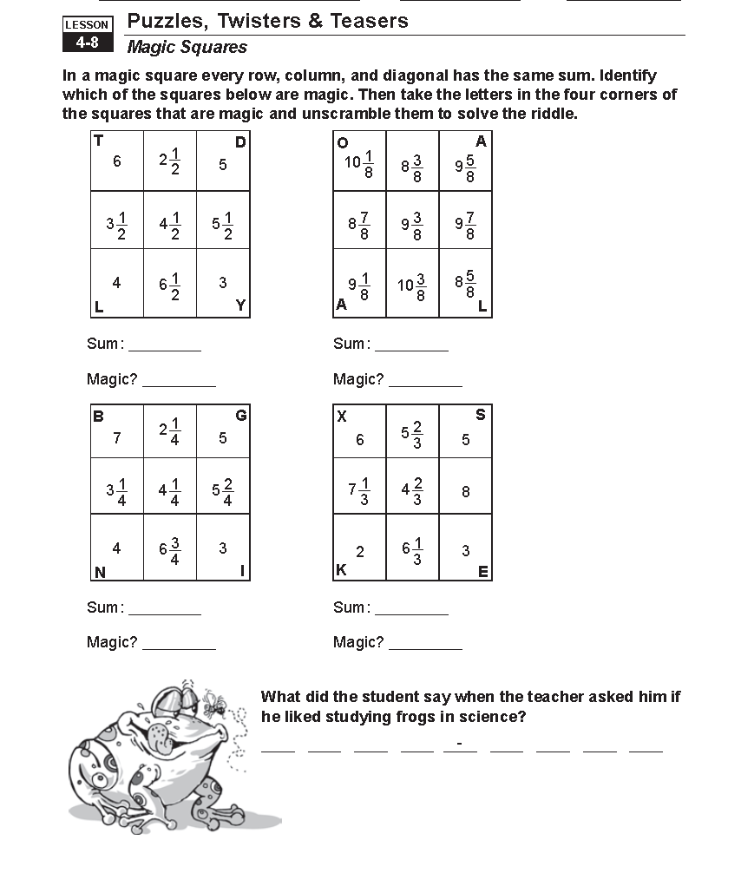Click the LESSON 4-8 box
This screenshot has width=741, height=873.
pyautogui.click(x=87, y=34)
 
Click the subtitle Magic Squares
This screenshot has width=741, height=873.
pyautogui.click(x=187, y=48)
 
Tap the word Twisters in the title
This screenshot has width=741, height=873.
pyautogui.click(x=258, y=21)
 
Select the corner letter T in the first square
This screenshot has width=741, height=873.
pyautogui.click(x=98, y=141)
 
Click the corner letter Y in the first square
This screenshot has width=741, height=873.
pyautogui.click(x=241, y=305)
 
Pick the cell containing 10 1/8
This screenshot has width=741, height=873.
pyautogui.click(x=359, y=162)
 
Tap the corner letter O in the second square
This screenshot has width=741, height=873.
pyautogui.click(x=342, y=142)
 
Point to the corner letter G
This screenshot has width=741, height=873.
pyautogui.click(x=241, y=416)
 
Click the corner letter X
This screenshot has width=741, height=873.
pyautogui.click(x=342, y=417)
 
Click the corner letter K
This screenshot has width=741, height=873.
pyautogui.click(x=341, y=570)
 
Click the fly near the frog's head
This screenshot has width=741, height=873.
pyautogui.click(x=212, y=699)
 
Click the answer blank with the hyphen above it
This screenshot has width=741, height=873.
pyautogui.click(x=460, y=748)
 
